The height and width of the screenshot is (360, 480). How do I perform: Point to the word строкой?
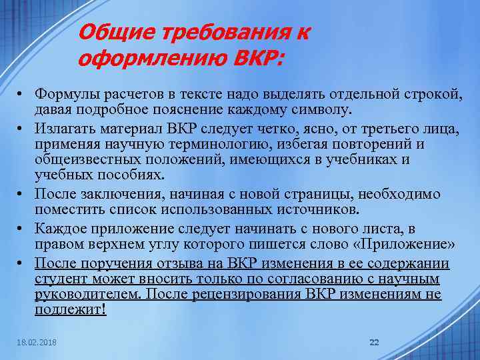(x=431, y=95)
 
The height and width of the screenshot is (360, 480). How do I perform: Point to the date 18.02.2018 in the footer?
(x=37, y=343)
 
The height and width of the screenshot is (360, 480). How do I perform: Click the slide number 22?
(x=374, y=342)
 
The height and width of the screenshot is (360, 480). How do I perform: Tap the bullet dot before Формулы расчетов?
(x=22, y=95)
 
